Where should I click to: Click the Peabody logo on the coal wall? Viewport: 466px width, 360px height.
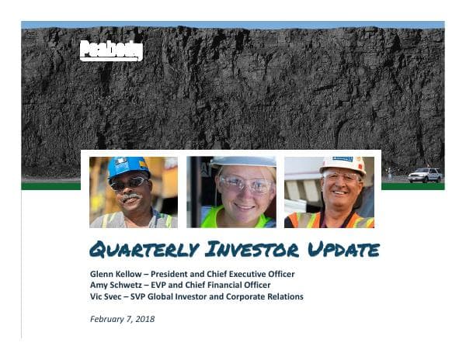111,50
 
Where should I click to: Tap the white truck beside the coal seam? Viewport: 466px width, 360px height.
424,175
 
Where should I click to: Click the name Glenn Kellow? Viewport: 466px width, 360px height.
116,274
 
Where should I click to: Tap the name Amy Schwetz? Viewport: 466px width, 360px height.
113,286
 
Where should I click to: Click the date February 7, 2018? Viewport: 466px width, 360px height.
122,319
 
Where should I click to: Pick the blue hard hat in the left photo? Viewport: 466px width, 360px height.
127,165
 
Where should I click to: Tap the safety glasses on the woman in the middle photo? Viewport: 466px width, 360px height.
245,184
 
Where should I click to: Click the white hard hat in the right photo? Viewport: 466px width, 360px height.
343,163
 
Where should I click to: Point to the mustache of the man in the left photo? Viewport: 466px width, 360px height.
130,198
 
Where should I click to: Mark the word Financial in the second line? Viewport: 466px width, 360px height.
224,286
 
